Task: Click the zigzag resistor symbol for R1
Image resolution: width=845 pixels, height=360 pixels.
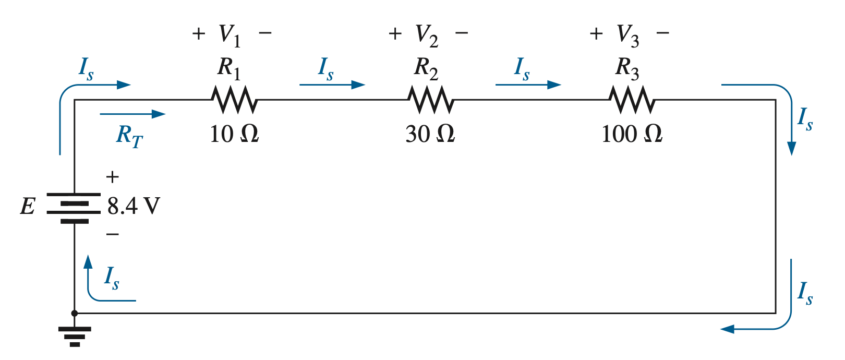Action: pos(234,100)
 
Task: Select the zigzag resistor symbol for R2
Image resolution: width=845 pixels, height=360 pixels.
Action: pos(430,100)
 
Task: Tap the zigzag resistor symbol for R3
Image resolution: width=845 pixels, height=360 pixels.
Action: pos(632,100)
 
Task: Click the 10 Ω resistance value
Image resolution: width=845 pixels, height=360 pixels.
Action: pos(234,134)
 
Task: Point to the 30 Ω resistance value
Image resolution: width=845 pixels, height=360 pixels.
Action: pos(430,134)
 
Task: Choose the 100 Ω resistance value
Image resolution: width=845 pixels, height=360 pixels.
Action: pos(632,134)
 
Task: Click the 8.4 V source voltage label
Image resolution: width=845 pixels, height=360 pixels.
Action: pos(134,206)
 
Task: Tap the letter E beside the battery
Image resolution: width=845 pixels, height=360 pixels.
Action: pos(28,207)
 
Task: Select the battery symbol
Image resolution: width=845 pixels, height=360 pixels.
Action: pos(74,208)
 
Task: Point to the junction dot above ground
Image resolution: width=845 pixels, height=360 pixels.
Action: pos(74,313)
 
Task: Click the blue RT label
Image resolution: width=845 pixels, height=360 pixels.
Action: pos(129,136)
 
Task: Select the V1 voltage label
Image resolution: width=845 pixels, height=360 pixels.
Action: pos(230,36)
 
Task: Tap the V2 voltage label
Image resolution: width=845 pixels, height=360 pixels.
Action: pos(427,36)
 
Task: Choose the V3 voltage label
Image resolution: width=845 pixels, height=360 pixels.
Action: pos(627,36)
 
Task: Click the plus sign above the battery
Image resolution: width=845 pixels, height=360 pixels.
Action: pos(113,176)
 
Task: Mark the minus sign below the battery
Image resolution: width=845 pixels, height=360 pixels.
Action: pos(113,234)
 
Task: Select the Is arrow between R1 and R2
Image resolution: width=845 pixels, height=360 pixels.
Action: pos(332,85)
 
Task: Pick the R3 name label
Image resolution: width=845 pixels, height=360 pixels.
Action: pos(627,69)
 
